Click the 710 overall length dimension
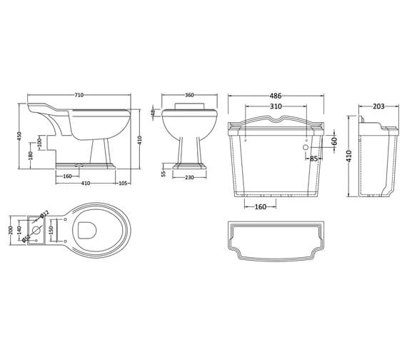click(x=80, y=95)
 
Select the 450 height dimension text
click(x=20, y=136)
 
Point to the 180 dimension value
click(x=30, y=156)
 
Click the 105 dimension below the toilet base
click(x=123, y=183)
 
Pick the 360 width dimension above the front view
click(x=189, y=95)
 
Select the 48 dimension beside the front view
click(x=153, y=112)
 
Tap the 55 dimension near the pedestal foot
click(x=163, y=173)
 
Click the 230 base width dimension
click(x=189, y=178)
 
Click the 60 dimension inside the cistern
click(x=334, y=142)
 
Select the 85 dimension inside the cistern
click(x=313, y=159)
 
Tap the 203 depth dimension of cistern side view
click(x=378, y=106)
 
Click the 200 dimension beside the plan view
click(x=10, y=229)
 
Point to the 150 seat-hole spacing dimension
click(x=51, y=229)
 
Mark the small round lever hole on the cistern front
click(x=308, y=148)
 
